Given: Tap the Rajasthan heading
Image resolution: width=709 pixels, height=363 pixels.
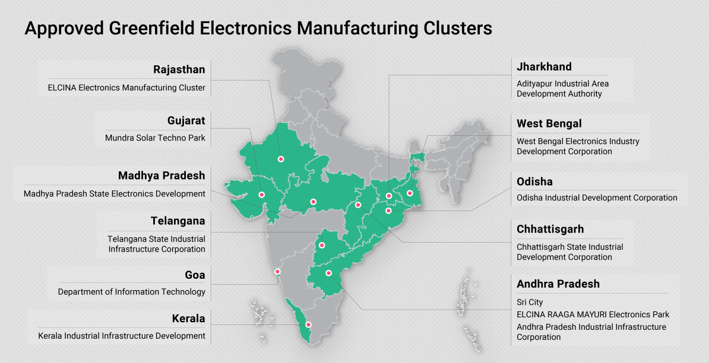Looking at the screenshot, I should click(x=179, y=69).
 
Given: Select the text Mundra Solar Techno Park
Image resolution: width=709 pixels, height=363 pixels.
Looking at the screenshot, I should click(x=155, y=138).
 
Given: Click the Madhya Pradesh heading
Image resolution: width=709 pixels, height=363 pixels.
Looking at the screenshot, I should click(x=162, y=176).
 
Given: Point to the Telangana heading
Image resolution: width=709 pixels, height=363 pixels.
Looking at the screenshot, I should click(x=178, y=221).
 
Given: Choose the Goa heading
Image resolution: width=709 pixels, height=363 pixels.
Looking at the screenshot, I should click(x=195, y=275).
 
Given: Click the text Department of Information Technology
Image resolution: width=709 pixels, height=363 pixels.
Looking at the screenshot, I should click(x=131, y=292).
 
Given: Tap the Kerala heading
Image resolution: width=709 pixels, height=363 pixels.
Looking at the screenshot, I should click(x=188, y=319).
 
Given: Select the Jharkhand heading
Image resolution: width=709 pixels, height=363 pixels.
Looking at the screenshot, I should click(x=544, y=66).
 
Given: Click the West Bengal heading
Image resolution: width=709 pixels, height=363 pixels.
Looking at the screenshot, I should click(x=549, y=123).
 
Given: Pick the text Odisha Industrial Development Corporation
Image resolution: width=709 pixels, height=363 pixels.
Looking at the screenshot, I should click(x=597, y=198).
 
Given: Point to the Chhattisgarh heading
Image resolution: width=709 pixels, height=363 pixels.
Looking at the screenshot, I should click(x=550, y=229).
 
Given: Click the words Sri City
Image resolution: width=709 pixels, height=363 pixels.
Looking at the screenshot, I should click(x=530, y=302).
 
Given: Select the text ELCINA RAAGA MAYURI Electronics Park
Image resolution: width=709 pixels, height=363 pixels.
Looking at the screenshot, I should click(x=593, y=314).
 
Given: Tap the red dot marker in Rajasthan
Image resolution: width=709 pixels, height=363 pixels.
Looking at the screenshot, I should click(x=281, y=159).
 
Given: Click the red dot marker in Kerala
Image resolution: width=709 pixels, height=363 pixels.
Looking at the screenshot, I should click(x=308, y=324).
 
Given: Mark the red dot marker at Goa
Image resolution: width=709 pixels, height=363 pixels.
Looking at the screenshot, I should click(x=277, y=272).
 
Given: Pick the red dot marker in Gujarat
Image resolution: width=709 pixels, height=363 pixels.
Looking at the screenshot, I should click(x=261, y=194).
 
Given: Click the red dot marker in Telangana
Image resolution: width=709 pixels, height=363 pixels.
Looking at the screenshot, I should click(x=322, y=245).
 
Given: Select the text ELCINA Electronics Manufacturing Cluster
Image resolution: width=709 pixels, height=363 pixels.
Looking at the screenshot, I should click(x=126, y=88).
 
